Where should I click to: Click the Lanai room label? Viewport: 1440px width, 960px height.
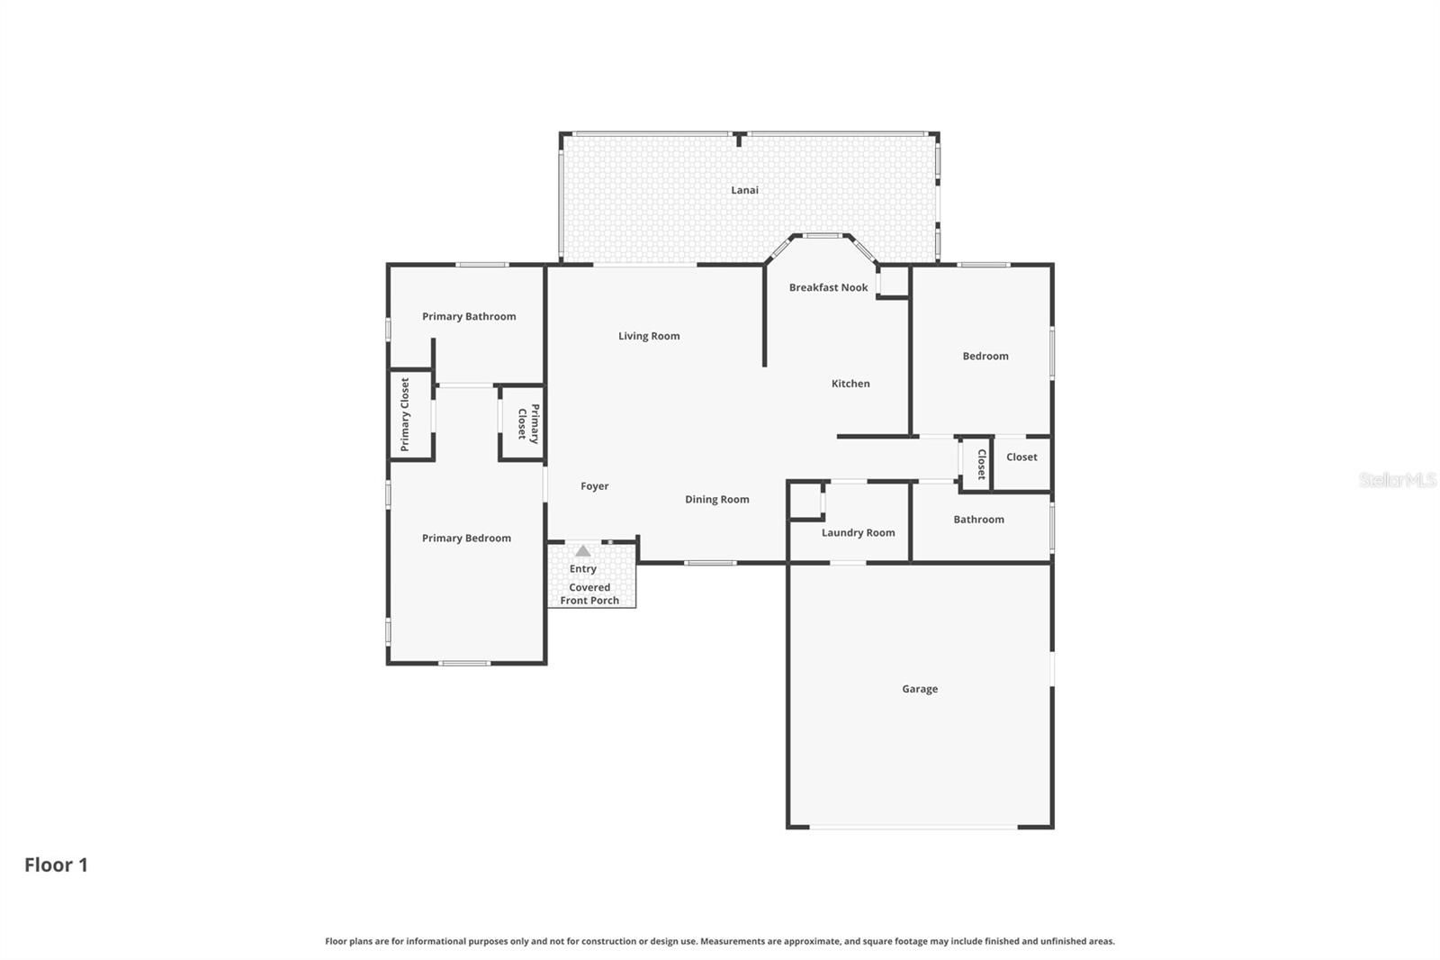pyautogui.click(x=744, y=190)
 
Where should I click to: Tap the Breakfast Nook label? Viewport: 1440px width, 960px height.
pyautogui.click(x=828, y=287)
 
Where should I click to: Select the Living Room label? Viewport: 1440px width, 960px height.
pyautogui.click(x=649, y=336)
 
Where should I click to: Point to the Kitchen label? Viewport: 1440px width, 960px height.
pyautogui.click(x=850, y=384)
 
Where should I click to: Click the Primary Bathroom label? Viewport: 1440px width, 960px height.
pyautogui.click(x=469, y=317)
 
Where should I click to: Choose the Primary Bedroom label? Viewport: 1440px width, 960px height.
pyautogui.click(x=466, y=538)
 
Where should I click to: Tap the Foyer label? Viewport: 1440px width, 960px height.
pyautogui.click(x=594, y=486)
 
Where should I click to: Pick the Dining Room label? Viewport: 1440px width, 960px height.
pyautogui.click(x=716, y=499)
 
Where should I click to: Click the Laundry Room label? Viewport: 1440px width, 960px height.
pyautogui.click(x=858, y=533)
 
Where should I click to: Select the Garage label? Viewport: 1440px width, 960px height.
pyautogui.click(x=919, y=689)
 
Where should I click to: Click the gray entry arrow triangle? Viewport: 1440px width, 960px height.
pyautogui.click(x=582, y=551)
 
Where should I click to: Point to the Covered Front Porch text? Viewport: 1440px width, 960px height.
pyautogui.click(x=589, y=593)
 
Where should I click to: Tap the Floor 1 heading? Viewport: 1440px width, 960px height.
pyautogui.click(x=56, y=865)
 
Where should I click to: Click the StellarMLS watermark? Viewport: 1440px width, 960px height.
pyautogui.click(x=1398, y=479)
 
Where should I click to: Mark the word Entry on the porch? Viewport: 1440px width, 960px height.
pyautogui.click(x=582, y=569)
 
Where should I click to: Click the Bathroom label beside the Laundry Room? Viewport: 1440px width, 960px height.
pyautogui.click(x=978, y=520)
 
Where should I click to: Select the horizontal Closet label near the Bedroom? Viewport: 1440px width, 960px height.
pyautogui.click(x=1021, y=457)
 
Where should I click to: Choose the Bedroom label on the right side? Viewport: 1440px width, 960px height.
pyautogui.click(x=985, y=356)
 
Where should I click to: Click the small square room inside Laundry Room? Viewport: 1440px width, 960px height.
pyautogui.click(x=806, y=501)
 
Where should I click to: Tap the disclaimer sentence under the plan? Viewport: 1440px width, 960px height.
pyautogui.click(x=719, y=941)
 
